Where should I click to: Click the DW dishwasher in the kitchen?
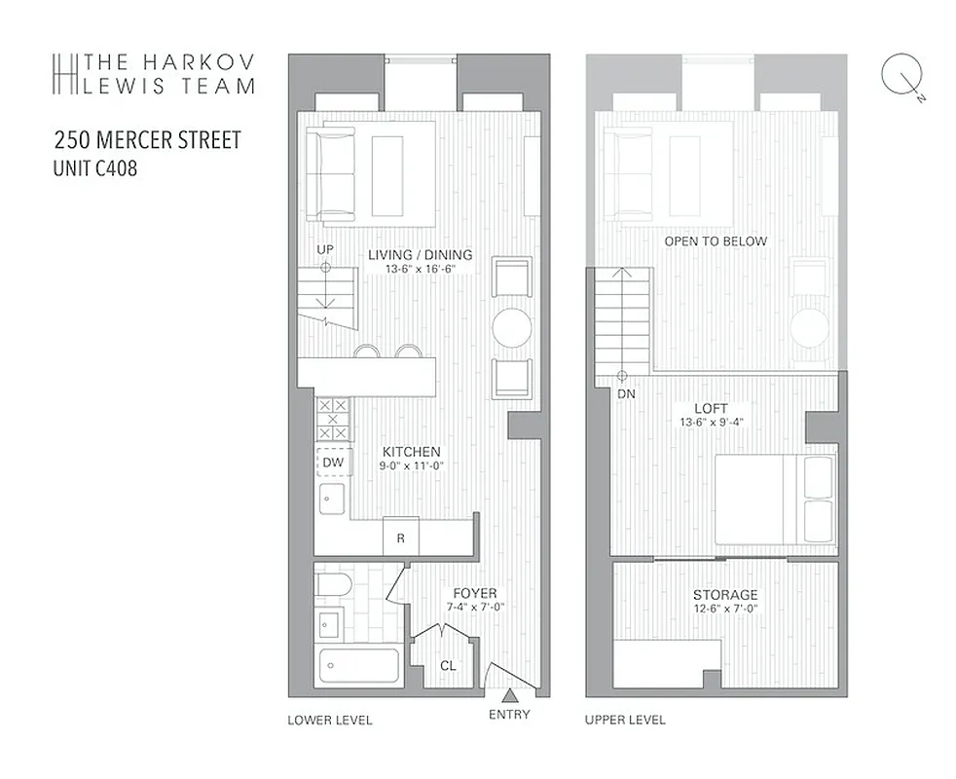(333, 462)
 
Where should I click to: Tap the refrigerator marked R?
(400, 537)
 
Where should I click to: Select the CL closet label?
(447, 666)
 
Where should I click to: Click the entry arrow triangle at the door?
(509, 695)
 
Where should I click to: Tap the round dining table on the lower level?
(512, 327)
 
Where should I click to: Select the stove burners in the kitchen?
(333, 420)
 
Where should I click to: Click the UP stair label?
(325, 250)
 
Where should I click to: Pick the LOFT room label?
(710, 409)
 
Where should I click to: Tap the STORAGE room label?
(725, 595)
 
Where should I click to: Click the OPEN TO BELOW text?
(716, 241)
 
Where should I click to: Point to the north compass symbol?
(901, 77)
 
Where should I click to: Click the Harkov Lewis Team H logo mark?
(65, 73)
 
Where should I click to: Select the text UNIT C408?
(94, 168)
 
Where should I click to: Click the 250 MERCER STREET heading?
(147, 140)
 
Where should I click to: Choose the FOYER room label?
(474, 593)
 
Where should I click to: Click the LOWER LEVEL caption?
(330, 721)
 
